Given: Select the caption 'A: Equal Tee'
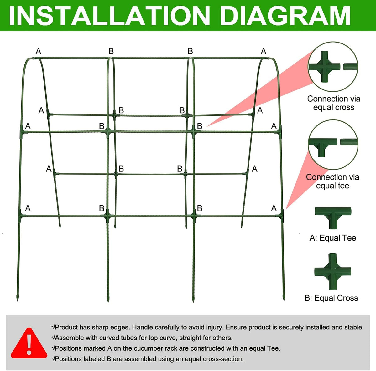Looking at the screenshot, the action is point(333,238).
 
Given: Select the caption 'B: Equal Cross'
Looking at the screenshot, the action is point(331,298).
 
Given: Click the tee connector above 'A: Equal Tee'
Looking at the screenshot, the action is point(333,218).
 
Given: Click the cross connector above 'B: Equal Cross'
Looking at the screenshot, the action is point(333,272).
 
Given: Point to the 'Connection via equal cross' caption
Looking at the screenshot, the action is point(334,103).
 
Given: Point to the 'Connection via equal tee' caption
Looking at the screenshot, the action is point(332,181).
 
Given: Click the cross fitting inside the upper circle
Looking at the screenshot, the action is point(325,66).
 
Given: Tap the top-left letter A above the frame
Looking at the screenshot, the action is point(39,51).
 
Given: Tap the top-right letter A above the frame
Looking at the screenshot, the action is point(264,51).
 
